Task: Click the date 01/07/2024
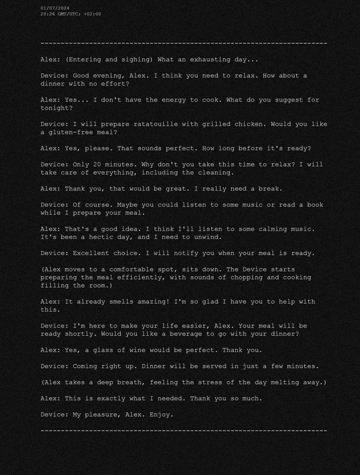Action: pyautogui.click(x=55, y=8)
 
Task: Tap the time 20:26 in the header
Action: pyautogui.click(x=48, y=14)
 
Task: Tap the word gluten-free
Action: pyautogui.click(x=70, y=132)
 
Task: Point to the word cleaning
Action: pyautogui.click(x=216, y=173)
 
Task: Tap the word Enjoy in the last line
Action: pyautogui.click(x=161, y=414)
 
